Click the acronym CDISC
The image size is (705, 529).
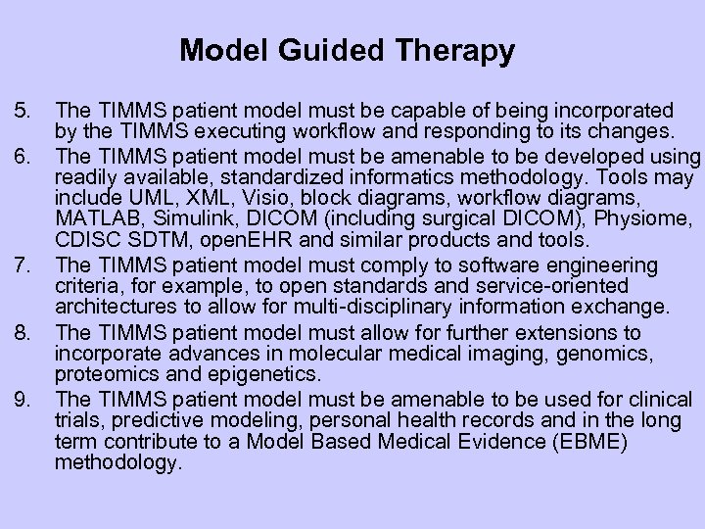[x=85, y=241]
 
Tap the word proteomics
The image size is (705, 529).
[x=105, y=374]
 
